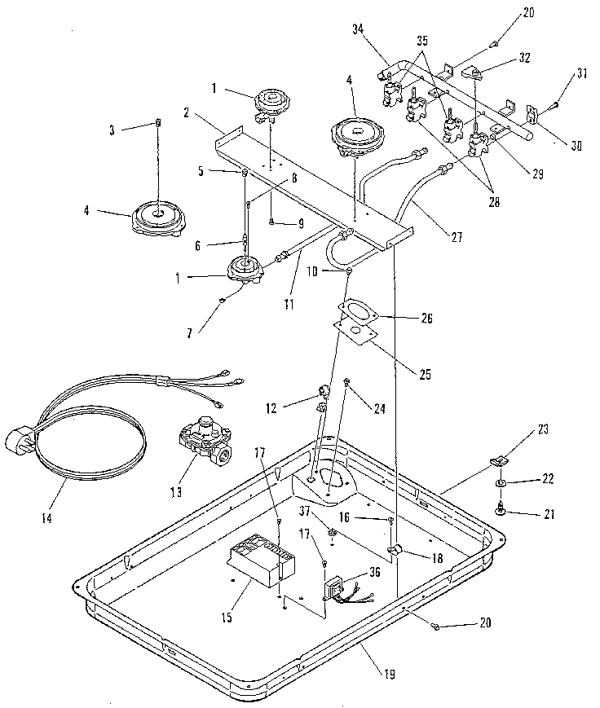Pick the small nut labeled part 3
158,123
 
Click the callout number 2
187,115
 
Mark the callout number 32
525,58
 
